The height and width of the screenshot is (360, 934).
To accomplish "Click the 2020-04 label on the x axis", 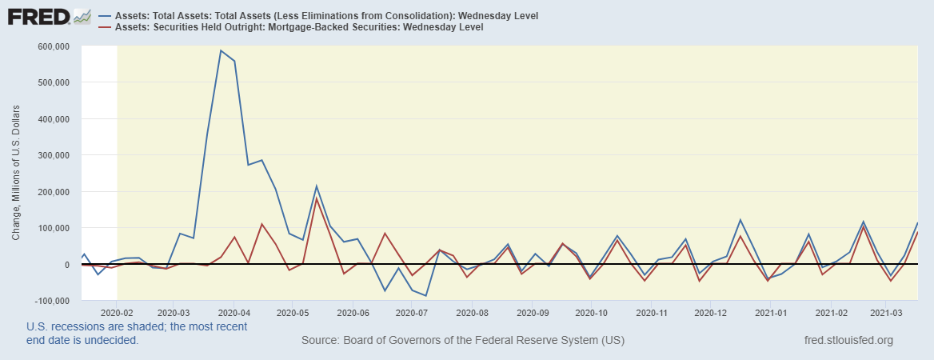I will (x=233, y=312).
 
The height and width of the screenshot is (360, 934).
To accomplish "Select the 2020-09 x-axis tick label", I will (x=533, y=312).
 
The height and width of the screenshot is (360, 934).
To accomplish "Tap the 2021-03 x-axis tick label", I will (x=886, y=312).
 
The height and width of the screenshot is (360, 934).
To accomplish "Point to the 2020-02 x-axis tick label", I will (x=118, y=312).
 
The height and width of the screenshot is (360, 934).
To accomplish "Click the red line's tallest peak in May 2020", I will (x=317, y=198).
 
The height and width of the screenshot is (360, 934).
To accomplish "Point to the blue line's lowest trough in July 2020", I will (x=426, y=295).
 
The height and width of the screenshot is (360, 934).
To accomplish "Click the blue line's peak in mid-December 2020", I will (x=740, y=220).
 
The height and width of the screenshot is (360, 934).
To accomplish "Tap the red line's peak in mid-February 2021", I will (x=864, y=226).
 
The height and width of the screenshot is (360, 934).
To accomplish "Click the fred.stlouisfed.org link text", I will (x=849, y=341).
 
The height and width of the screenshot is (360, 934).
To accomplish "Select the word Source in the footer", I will (x=320, y=341).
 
